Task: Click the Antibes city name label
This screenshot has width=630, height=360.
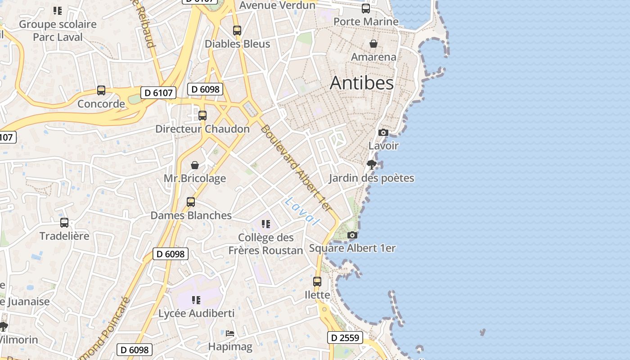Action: pyautogui.click(x=362, y=83)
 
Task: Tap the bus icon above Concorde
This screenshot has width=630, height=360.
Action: pyautogui.click(x=101, y=90)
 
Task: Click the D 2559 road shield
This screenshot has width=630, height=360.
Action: pyautogui.click(x=345, y=337)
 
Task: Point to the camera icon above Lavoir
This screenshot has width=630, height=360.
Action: pyautogui.click(x=383, y=132)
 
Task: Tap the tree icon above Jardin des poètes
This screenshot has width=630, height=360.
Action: pyautogui.click(x=371, y=164)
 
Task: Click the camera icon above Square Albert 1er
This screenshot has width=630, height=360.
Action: pyautogui.click(x=352, y=235)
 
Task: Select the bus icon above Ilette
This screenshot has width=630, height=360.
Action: pyautogui.click(x=317, y=282)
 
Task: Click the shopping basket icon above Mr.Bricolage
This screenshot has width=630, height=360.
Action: pyautogui.click(x=195, y=165)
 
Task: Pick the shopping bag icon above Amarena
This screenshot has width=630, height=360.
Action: pyautogui.click(x=373, y=44)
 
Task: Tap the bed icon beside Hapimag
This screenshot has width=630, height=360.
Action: pyautogui.click(x=230, y=333)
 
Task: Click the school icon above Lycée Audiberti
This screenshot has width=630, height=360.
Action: pyautogui.click(x=196, y=300)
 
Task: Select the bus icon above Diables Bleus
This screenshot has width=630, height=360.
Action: pyautogui.click(x=237, y=31)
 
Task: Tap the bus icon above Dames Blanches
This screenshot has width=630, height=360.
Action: pyautogui.click(x=191, y=202)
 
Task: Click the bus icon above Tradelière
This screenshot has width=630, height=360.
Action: pyautogui.click(x=64, y=223)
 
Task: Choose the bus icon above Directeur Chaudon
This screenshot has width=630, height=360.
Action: pyautogui.click(x=202, y=116)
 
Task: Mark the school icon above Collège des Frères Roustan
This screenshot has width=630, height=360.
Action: pyautogui.click(x=266, y=224)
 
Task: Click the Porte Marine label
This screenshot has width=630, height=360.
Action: pyautogui.click(x=366, y=21)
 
